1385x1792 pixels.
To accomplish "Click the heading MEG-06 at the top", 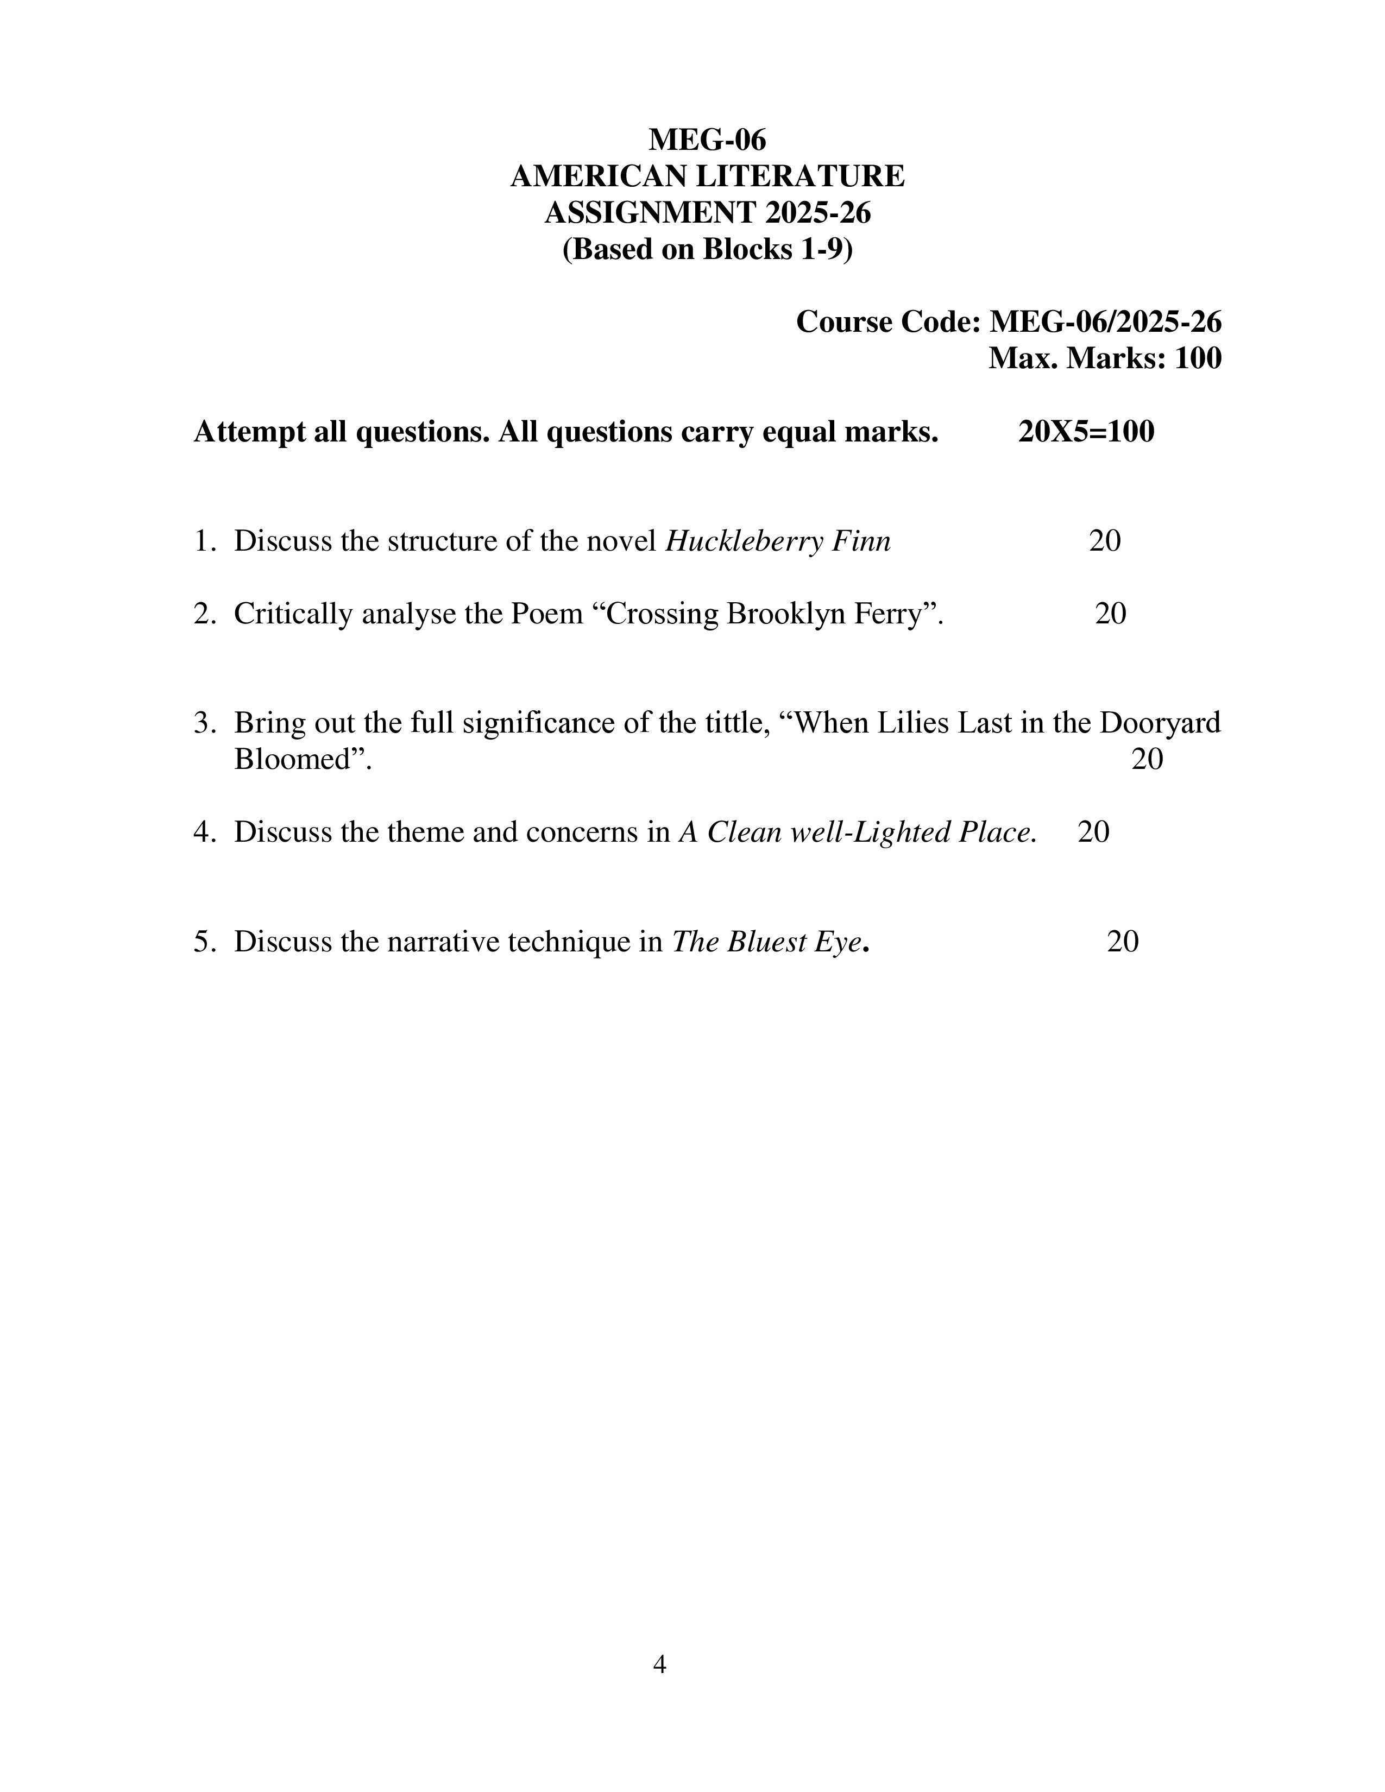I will coord(707,140).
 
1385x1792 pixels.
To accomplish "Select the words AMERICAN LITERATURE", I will coord(707,176).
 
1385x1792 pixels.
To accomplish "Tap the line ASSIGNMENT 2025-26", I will coord(707,212).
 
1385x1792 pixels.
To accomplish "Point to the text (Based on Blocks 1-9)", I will coord(707,249).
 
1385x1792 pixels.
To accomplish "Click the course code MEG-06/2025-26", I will coord(1105,321).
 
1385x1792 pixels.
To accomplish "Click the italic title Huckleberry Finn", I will coord(777,541).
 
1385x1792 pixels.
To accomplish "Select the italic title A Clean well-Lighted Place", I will coord(857,832).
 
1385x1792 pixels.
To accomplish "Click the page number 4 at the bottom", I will coord(659,1664).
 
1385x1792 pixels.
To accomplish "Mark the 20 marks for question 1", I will coord(1104,541).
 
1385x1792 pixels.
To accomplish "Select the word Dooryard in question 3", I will coord(1160,723).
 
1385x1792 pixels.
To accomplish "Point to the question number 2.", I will coord(203,614).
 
